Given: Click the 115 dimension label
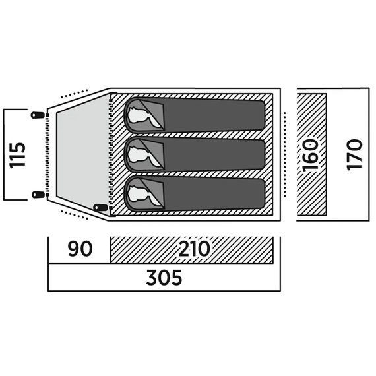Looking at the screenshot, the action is [17, 156].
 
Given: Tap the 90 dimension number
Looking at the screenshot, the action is [80, 249].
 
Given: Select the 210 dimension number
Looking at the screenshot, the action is [195, 249].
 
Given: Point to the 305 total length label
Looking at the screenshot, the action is [164, 278].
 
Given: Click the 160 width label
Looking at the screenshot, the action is [311, 155].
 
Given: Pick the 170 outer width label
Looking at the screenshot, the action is [354, 154].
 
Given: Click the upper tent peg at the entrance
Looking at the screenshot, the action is [38, 115].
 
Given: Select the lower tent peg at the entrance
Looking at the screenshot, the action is [38, 195].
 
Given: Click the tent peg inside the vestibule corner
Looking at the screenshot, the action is [100, 207].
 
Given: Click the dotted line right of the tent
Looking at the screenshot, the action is [285, 154].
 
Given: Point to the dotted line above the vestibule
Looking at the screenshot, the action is [75, 94].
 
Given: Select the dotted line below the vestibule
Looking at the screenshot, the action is [75, 215].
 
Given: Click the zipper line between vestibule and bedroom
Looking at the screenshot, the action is [111, 154].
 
